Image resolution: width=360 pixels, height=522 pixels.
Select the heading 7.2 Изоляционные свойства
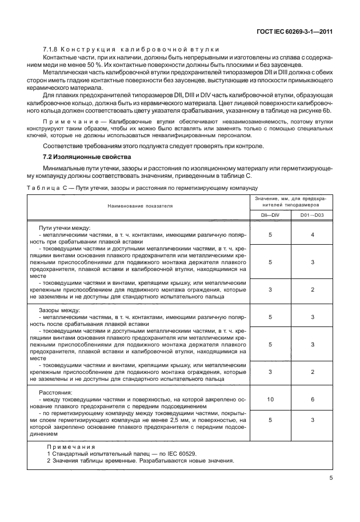click(x=82, y=156)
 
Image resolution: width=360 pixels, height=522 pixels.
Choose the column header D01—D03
click(x=313, y=214)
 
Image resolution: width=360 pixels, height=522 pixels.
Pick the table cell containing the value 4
click(x=313, y=234)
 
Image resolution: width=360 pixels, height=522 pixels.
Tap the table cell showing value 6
click(x=313, y=400)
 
